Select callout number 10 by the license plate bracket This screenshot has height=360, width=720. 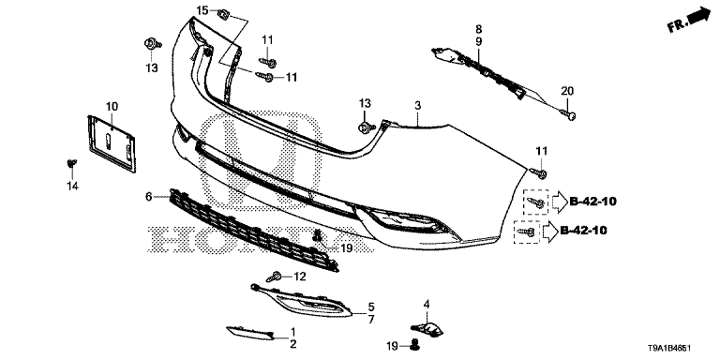pyautogui.click(x=112, y=106)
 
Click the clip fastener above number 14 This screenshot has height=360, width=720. pyautogui.click(x=72, y=165)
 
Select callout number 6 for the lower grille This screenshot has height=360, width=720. pyautogui.click(x=148, y=197)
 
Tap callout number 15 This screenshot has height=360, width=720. pyautogui.click(x=202, y=10)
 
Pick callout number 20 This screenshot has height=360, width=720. pyautogui.click(x=566, y=90)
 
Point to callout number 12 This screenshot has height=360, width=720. pyautogui.click(x=300, y=277)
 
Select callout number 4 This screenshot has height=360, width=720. pyautogui.click(x=427, y=304)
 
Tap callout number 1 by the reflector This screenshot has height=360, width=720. pyautogui.click(x=292, y=332)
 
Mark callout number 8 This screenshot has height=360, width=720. pyautogui.click(x=478, y=30)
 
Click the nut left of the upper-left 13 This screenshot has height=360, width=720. pyautogui.click(x=150, y=45)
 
